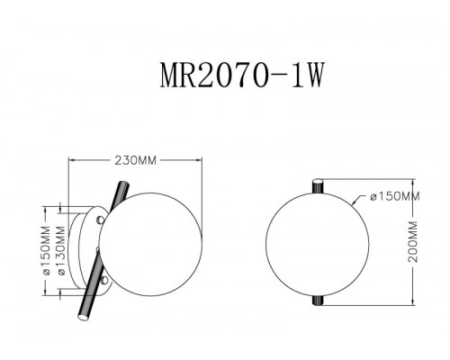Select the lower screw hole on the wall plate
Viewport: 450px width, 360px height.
pyautogui.click(x=104, y=279)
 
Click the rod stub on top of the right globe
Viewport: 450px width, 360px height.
pyautogui.click(x=316, y=184)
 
